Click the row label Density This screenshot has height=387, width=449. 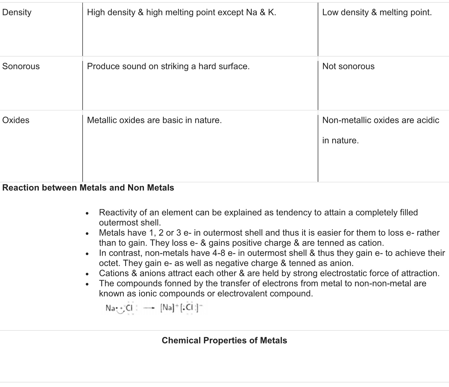coord(17,12)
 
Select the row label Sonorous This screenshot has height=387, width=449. coord(21,66)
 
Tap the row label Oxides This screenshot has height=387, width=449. coord(16,120)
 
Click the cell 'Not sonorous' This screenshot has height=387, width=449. coord(348,66)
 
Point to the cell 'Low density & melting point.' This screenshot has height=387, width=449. coord(377,12)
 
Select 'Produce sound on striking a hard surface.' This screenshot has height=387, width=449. coord(168,66)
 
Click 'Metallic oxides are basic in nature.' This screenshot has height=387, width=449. coord(154,120)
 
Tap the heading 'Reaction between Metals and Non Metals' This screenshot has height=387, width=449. coord(88,188)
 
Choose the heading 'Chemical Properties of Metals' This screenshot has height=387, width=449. coord(224,341)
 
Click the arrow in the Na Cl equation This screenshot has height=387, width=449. coord(149,308)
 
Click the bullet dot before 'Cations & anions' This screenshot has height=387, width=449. coord(87,274)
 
